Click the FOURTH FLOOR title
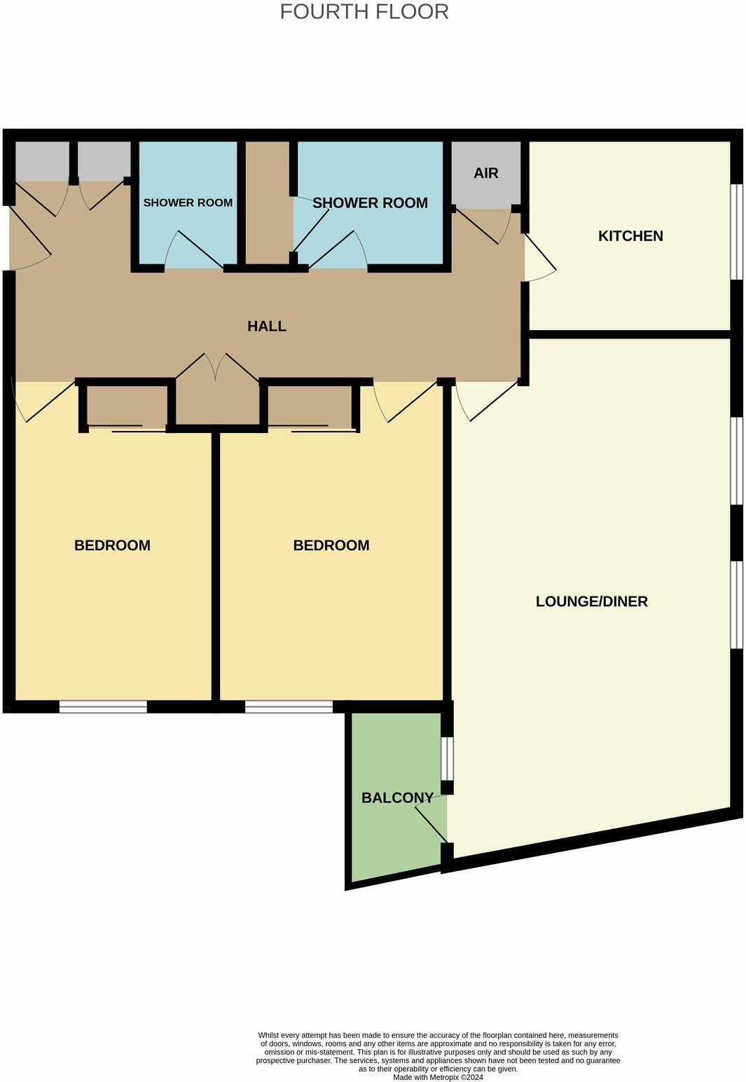click(x=364, y=12)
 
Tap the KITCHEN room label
click(x=630, y=236)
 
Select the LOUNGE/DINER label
click(x=591, y=601)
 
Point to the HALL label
click(x=267, y=326)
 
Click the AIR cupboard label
click(x=486, y=173)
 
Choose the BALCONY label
click(x=397, y=797)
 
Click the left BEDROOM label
click(x=112, y=545)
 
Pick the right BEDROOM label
click(x=331, y=545)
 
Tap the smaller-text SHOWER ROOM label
click(x=188, y=203)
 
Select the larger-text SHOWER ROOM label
click(x=370, y=203)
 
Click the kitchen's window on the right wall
click(x=736, y=232)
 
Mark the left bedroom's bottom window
click(x=103, y=706)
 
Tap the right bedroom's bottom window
click(x=289, y=706)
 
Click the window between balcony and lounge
click(x=447, y=758)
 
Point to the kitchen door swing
click(x=539, y=259)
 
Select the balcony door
click(x=431, y=824)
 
